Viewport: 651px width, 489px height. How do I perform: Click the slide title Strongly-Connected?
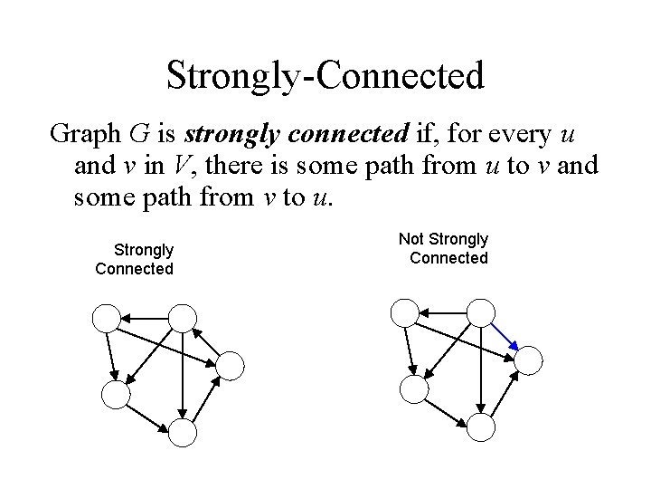[325, 75]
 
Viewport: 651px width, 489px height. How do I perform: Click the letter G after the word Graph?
[139, 135]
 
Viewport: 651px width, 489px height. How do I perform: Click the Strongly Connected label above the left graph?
[135, 258]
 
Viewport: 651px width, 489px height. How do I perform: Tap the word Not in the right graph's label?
[412, 239]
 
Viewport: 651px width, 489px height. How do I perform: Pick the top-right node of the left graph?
[182, 316]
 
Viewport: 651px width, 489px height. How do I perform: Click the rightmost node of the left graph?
[231, 365]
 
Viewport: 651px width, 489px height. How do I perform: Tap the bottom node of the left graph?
[183, 433]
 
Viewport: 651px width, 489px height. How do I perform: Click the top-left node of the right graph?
[404, 312]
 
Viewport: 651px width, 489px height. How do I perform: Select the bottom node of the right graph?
[481, 428]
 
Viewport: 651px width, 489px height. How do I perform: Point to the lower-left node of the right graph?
[413, 390]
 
